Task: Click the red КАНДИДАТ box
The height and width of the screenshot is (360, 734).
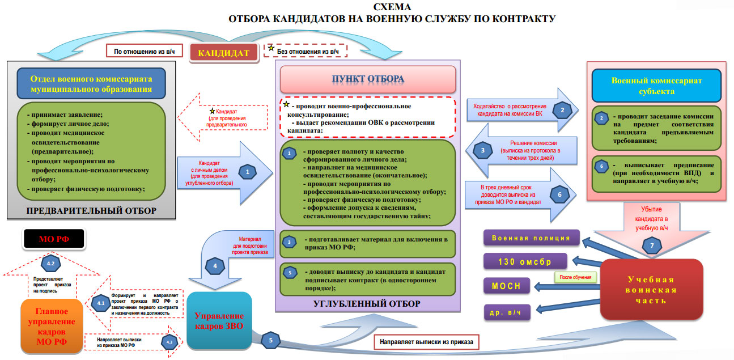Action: click(x=224, y=53)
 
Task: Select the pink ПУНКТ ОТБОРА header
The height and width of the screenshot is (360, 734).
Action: click(x=368, y=79)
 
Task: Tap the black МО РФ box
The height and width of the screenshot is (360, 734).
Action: click(x=54, y=239)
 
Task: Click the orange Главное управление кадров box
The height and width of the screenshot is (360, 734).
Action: click(x=52, y=326)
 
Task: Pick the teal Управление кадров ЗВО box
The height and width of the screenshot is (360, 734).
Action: click(x=219, y=321)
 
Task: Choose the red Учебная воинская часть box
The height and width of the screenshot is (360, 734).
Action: click(x=651, y=290)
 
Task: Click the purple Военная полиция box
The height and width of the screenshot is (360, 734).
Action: click(x=531, y=238)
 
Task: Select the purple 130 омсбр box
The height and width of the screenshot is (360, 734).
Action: click(x=525, y=261)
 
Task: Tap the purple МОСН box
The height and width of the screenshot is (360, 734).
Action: click(x=507, y=286)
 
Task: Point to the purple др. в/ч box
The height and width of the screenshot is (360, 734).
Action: click(x=507, y=312)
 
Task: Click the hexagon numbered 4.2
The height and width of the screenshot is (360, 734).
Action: click(x=51, y=263)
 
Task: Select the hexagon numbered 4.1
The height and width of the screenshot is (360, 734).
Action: click(x=100, y=303)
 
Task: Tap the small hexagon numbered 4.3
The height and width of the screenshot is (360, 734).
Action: click(x=169, y=342)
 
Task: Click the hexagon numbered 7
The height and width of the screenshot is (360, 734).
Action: click(x=652, y=245)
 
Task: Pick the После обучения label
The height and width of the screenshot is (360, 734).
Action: click(x=575, y=277)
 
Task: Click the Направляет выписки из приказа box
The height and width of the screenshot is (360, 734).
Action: click(x=426, y=342)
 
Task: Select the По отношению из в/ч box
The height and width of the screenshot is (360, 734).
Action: click(x=144, y=51)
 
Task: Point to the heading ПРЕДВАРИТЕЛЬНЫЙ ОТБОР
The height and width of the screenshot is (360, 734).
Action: click(x=91, y=210)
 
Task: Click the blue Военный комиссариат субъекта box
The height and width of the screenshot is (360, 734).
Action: click(x=656, y=86)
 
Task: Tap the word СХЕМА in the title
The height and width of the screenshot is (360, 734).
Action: click(x=392, y=7)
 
